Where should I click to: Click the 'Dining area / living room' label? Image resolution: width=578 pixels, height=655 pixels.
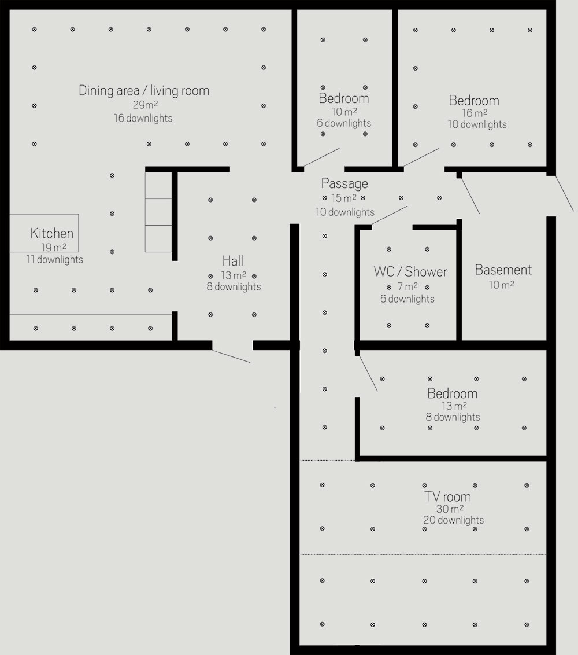tap(144, 91)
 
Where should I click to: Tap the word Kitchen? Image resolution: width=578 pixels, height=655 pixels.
tap(52, 233)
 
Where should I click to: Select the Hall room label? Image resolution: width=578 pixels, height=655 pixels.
tap(232, 261)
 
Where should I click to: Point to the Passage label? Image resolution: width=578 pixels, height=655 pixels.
tap(344, 184)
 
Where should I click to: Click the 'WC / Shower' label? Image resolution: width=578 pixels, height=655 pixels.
tap(410, 272)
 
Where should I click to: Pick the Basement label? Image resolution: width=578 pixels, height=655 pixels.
tap(503, 270)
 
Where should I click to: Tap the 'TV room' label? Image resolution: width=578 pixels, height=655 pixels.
tap(448, 496)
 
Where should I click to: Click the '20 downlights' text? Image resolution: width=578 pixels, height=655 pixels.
tap(454, 520)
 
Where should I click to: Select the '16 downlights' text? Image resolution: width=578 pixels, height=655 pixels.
tap(143, 118)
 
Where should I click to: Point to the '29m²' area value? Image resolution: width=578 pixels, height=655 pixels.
tap(145, 104)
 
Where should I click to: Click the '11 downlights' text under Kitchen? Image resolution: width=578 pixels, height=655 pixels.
tap(55, 259)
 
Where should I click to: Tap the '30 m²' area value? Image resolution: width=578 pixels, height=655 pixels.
tap(450, 509)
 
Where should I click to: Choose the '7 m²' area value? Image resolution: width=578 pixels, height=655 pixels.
tap(407, 286)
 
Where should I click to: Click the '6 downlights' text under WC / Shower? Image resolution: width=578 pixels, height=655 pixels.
tap(407, 299)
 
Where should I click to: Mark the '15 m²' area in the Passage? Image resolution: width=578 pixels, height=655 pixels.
tap(344, 198)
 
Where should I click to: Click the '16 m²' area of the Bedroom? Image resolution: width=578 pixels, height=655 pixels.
tap(475, 113)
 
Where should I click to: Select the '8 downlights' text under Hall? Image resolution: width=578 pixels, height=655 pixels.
tap(234, 286)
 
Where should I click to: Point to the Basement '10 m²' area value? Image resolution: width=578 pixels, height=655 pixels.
tap(501, 285)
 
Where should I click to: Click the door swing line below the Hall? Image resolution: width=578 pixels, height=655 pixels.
tap(231, 356)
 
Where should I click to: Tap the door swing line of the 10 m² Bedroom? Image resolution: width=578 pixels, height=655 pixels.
tap(321, 157)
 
